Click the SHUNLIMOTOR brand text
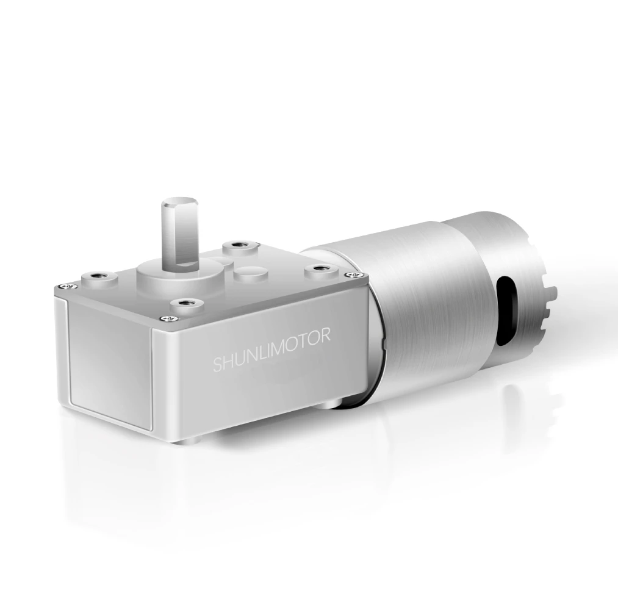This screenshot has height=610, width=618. (271, 350)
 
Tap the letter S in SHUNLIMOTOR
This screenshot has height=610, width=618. (217, 365)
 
